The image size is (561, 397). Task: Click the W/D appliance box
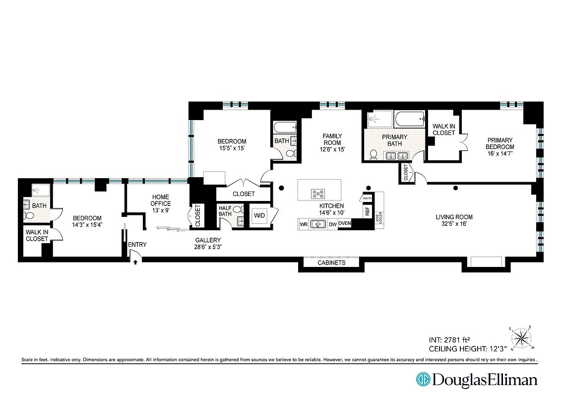(259, 216)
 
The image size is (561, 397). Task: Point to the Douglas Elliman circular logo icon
(423, 380)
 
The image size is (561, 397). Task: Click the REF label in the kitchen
(368, 210)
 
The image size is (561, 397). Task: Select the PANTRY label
(368, 198)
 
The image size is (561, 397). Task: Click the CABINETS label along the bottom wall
(331, 263)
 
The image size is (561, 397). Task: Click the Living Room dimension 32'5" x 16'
(454, 224)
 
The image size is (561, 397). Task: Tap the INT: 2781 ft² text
(448, 340)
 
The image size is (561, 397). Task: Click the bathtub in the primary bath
(410, 119)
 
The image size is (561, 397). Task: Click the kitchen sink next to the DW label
(317, 224)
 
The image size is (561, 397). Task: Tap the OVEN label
(345, 223)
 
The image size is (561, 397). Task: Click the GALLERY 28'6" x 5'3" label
(207, 243)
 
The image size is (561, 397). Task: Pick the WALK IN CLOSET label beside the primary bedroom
(443, 130)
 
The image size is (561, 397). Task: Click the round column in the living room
(455, 188)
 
